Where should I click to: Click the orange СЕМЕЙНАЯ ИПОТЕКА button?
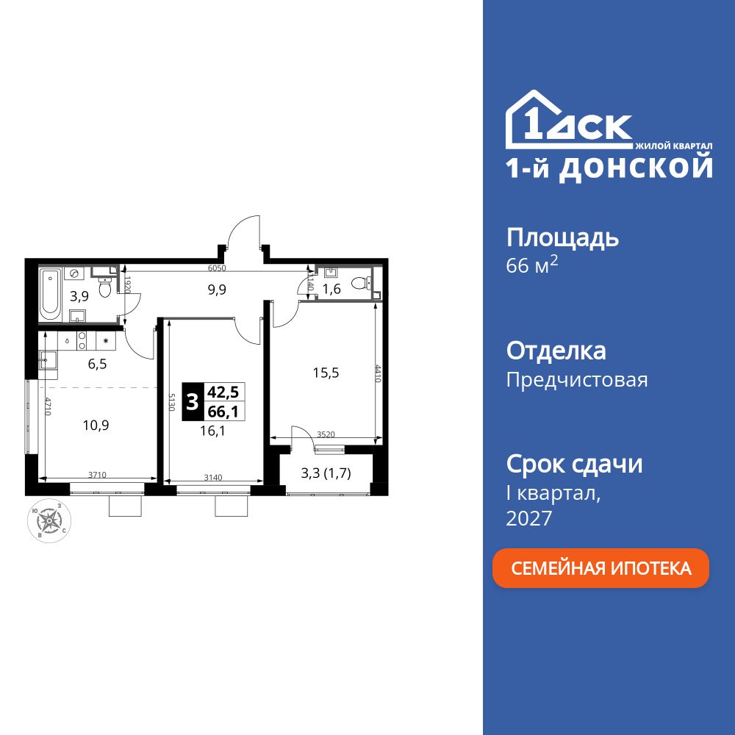tap(600, 568)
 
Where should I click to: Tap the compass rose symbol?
tap(49, 520)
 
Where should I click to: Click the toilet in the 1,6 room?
tap(359, 283)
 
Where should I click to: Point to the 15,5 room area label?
tap(325, 373)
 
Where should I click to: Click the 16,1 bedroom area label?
tap(210, 433)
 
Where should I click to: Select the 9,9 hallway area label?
tap(216, 289)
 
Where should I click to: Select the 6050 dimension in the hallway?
tap(216, 269)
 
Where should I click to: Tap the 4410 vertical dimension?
tap(378, 375)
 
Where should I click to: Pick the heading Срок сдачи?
tap(575, 465)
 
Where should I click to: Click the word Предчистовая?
tap(577, 380)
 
